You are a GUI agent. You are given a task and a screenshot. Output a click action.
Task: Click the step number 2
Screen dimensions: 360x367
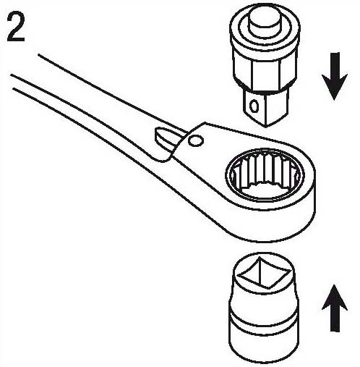pos(16,27)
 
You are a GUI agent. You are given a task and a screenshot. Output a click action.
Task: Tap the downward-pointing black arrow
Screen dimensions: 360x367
pos(335,76)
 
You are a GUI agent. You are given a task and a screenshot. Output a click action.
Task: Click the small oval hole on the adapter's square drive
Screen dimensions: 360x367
pos(254,106)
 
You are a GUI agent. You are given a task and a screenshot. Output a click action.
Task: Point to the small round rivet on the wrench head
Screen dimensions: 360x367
pos(195,140)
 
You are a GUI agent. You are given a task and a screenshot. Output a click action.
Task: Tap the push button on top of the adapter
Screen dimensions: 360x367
pos(264,22)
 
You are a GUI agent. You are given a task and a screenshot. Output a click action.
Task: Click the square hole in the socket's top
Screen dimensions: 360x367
pos(264,272)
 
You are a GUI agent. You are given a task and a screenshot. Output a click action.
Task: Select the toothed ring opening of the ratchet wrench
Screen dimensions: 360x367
pos(265,175)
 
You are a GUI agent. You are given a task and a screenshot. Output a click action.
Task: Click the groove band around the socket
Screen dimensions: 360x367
pos(264,317)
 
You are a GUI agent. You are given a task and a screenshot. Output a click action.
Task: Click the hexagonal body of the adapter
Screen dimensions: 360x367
pos(265,72)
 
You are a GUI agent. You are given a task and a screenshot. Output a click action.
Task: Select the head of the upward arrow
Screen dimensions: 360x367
pos(335,297)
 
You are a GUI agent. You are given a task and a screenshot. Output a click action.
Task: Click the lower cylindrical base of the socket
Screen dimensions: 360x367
pos(264,342)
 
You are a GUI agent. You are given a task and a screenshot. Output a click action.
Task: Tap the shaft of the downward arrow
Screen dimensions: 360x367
pos(335,64)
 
